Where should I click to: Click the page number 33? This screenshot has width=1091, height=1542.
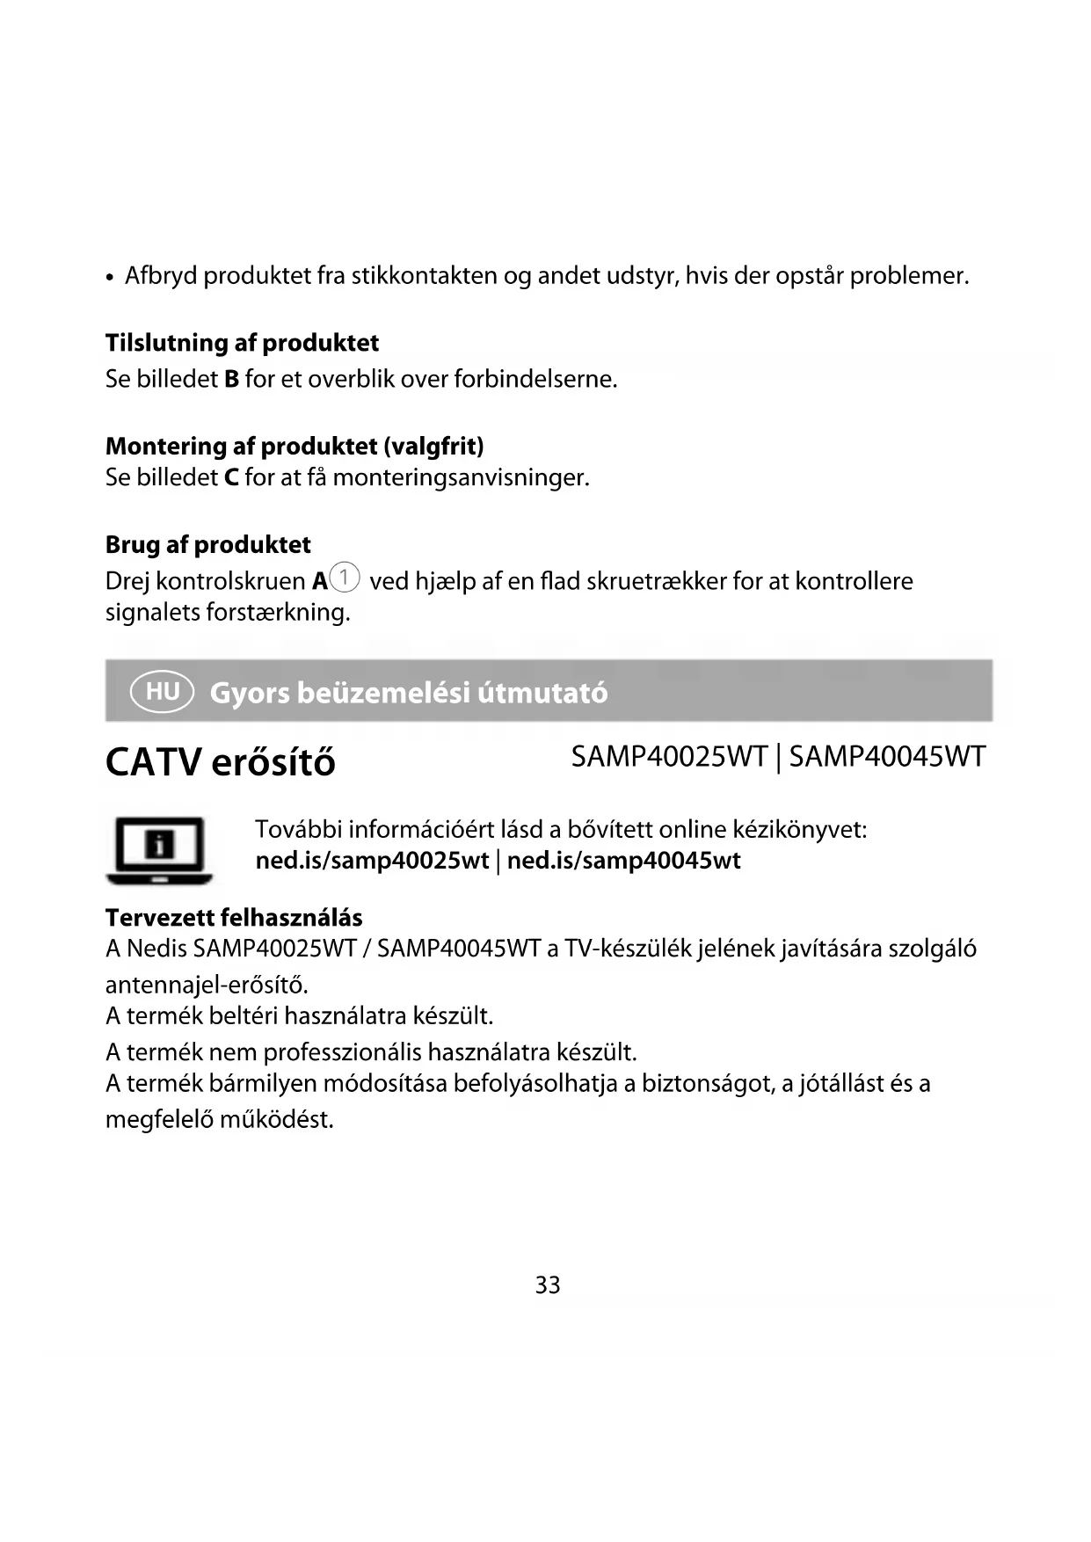[547, 1284]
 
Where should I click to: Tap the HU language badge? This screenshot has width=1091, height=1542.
[162, 691]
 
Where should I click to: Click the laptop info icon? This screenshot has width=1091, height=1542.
[159, 849]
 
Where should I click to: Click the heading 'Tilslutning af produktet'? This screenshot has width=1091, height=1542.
[242, 342]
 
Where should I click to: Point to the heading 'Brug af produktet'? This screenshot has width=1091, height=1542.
[207, 544]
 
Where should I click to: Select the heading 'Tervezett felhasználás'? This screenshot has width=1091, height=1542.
[234, 917]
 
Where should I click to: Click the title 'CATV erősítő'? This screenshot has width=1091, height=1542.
[220, 761]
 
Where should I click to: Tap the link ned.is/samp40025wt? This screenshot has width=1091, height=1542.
[372, 860]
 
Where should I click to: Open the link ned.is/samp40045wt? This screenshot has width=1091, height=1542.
[623, 860]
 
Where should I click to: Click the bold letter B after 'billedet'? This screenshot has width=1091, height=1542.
[231, 379]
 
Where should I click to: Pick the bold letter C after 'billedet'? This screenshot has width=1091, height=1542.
[231, 477]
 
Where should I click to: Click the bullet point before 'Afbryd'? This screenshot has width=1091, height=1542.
[109, 278]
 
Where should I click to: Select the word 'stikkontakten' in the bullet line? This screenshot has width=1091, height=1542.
[425, 275]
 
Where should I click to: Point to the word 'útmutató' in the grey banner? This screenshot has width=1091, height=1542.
[542, 693]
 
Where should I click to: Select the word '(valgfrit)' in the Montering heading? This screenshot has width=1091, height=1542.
[433, 446]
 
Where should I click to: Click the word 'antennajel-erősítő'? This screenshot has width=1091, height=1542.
[206, 984]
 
